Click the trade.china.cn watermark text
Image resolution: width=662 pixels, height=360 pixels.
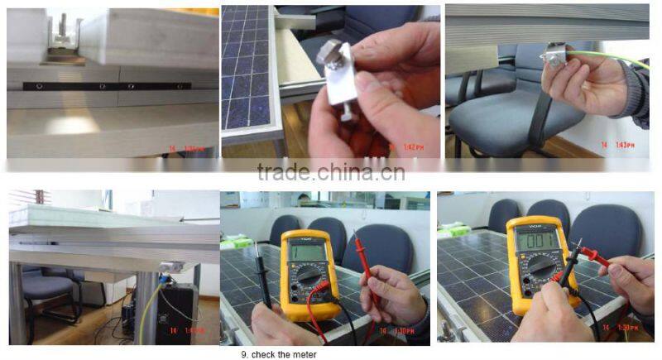pyautogui.click(x=331, y=172)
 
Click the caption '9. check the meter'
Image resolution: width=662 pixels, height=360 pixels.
pyautogui.click(x=278, y=354)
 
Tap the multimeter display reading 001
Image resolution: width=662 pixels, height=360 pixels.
pyautogui.click(x=536, y=239)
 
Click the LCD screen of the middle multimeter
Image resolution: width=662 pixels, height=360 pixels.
pyautogui.click(x=306, y=249)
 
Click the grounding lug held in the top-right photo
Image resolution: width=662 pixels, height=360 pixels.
pyautogui.click(x=553, y=58)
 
